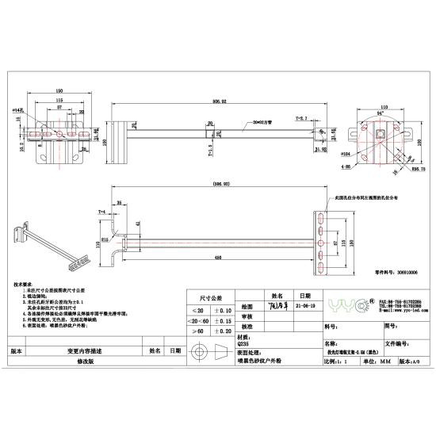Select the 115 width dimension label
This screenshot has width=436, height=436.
pyautogui.click(x=59, y=100)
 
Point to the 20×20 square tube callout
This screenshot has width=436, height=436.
pyautogui.click(x=261, y=123)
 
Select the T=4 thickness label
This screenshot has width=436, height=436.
pyautogui.click(x=101, y=213)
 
